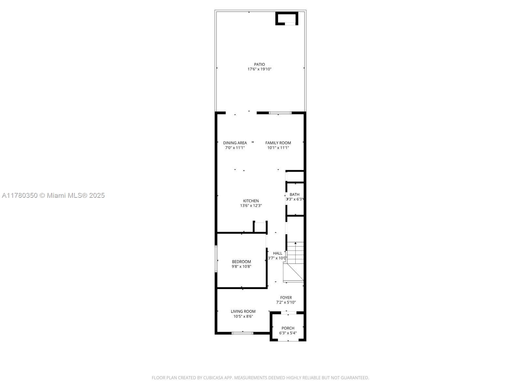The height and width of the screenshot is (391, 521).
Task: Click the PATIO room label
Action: [260, 65]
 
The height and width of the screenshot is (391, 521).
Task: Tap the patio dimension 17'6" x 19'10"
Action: [260, 69]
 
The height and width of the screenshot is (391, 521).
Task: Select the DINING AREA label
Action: [235, 143]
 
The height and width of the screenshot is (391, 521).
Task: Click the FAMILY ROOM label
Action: [278, 143]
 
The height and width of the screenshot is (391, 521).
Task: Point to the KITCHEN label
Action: [251, 201]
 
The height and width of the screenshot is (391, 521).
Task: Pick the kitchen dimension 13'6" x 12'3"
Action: [251, 206]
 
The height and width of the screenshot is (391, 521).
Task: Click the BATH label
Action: [294, 195]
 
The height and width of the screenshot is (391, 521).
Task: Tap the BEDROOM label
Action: [241, 262]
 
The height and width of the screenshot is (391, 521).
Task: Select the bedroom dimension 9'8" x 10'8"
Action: [241, 267]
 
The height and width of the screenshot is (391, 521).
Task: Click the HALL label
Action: [278, 253]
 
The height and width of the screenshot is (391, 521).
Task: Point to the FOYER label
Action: [286, 297]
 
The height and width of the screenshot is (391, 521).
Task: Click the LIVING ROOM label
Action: [243, 311]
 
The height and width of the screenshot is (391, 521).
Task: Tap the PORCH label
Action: [288, 328]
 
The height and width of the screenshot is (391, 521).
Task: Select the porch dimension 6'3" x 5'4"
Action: [288, 333]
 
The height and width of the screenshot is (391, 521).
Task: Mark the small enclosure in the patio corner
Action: [287, 18]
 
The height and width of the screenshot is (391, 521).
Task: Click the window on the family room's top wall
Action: [280, 113]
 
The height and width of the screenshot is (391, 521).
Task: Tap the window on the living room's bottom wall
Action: [242, 333]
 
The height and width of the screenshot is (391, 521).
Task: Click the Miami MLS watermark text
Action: [53, 195]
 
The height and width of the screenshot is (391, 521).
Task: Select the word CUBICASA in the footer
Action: [213, 378]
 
